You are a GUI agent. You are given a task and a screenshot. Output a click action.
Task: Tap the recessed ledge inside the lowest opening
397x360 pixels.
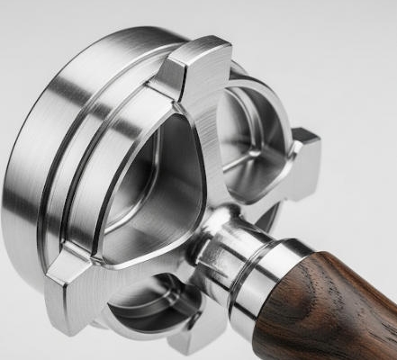point(149,297)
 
